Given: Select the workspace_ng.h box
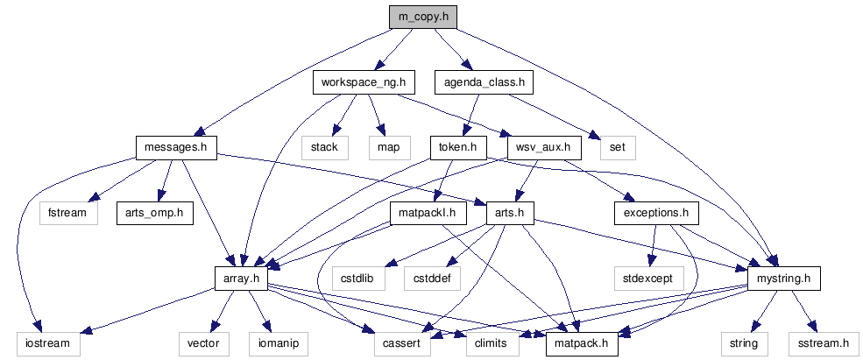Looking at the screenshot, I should pyautogui.click(x=363, y=83).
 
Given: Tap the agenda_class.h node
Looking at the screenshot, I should pyautogui.click(x=485, y=83).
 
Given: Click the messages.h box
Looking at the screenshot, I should pyautogui.click(x=176, y=147).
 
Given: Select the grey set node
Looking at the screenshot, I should pyautogui.click(x=617, y=147).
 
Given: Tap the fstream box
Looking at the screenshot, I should pyautogui.click(x=67, y=213).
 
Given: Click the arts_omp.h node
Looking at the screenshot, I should pyautogui.click(x=154, y=213).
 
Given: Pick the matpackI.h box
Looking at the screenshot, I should pyautogui.click(x=428, y=213).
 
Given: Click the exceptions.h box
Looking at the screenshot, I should pyautogui.click(x=655, y=213).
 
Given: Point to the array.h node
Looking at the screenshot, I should pyautogui.click(x=239, y=279).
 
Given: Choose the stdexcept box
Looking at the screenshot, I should pyautogui.click(x=647, y=279).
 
